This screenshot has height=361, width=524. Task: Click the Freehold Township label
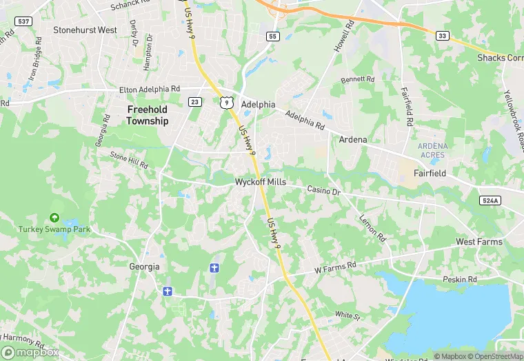pos(147,115)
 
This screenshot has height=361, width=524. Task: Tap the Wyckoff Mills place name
pos(261,182)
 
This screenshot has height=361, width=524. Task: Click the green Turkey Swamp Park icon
pos(54,218)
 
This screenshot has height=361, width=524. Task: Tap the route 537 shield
pos(23,21)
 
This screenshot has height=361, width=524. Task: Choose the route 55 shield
pos(273,36)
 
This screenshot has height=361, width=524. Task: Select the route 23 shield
pos(195,102)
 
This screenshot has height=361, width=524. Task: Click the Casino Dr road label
pos(324,189)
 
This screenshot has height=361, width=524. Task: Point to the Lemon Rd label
pos(372,228)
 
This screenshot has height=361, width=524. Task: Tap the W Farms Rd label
pos(335,266)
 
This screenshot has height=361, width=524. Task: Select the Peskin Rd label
pos(461,280)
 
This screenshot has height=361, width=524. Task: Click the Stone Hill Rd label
pos(130,160)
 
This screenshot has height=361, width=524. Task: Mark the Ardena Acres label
pos(432,150)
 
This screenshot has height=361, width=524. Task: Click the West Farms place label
pos(479,242)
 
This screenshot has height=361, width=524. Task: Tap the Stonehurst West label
pos(85,30)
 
